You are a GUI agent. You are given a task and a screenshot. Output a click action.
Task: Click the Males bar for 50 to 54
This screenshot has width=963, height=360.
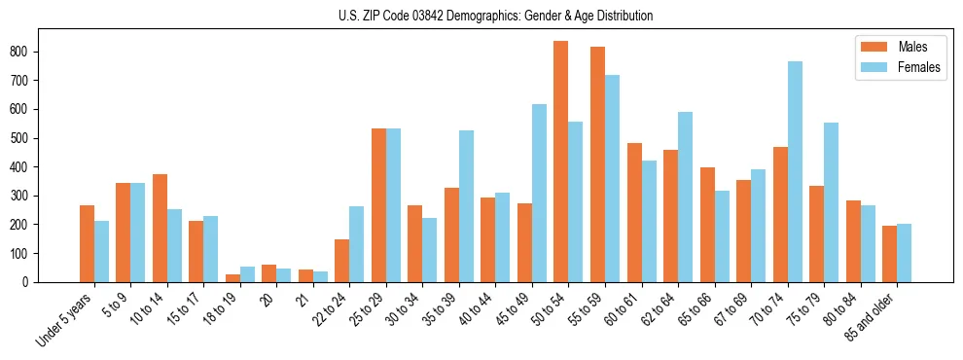coord(561,162)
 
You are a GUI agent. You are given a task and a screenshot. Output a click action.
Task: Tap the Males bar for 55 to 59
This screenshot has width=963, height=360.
coord(597,164)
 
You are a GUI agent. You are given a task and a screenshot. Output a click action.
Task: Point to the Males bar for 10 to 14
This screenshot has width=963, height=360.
coord(160,228)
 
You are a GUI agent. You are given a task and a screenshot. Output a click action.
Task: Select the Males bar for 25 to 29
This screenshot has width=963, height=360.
coord(378,205)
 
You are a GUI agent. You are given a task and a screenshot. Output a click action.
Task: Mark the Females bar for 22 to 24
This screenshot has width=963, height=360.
coord(357,244)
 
